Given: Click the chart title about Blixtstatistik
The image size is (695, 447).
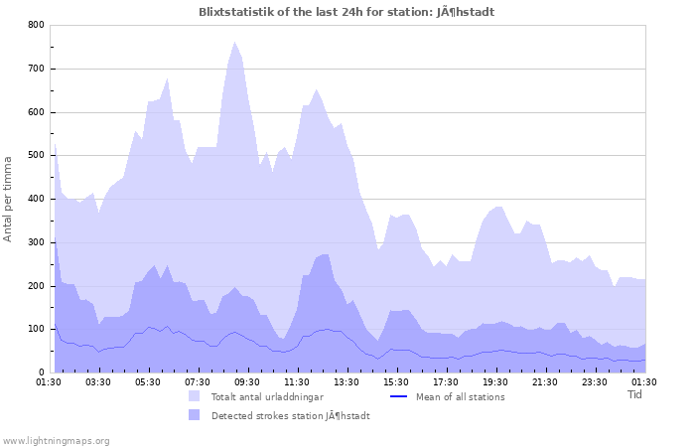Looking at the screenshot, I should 347,12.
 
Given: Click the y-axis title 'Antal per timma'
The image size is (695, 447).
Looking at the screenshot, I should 8,198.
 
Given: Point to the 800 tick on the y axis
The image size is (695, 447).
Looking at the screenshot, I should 37,25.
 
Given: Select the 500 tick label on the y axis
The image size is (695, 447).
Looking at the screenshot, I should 37,155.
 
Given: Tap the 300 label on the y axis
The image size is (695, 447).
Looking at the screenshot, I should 37,242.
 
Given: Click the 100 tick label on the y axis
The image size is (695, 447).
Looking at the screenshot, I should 37,329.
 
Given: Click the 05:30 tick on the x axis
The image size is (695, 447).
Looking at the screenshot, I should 148,381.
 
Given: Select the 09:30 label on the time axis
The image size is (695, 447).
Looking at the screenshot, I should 247,381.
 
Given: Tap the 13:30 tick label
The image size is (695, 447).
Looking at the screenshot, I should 347,381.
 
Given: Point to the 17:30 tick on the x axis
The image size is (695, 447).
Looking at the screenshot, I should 446,381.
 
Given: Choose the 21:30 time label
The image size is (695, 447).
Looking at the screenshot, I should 545,381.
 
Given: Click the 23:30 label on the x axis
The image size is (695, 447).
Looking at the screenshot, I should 595,381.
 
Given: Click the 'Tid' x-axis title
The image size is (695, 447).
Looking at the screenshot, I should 635,394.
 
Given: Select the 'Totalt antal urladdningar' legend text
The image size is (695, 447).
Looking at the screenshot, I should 269,396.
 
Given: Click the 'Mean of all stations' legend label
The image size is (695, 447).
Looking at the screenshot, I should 461,396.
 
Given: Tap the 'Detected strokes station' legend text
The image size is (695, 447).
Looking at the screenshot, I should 290,415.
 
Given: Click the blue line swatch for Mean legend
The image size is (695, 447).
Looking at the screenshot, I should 398,396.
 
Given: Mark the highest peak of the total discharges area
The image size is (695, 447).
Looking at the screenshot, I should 235,42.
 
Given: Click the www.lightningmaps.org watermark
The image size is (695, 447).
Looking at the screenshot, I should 56,440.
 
